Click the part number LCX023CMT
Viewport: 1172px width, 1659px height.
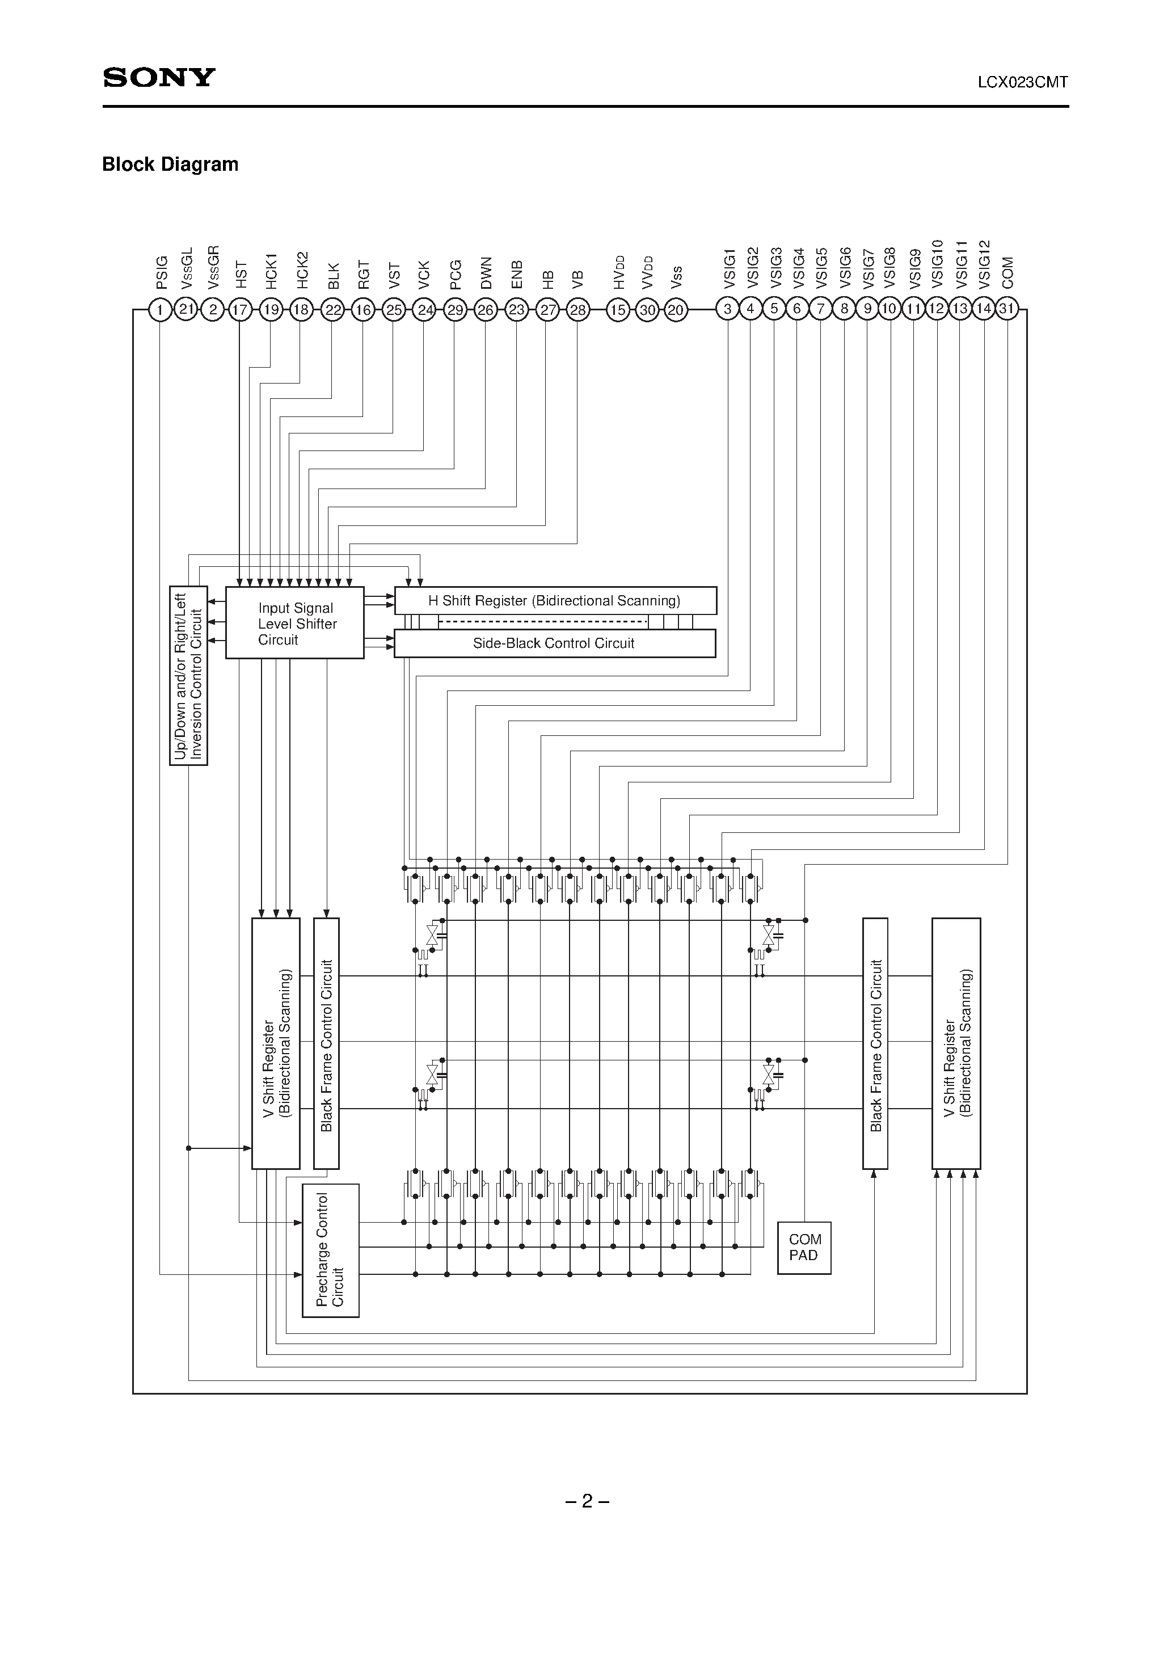pyautogui.click(x=1022, y=82)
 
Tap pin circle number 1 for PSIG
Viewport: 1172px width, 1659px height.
pyautogui.click(x=159, y=310)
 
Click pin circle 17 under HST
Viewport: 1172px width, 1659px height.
pyautogui.click(x=239, y=310)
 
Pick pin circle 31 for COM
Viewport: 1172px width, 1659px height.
pyautogui.click(x=1006, y=309)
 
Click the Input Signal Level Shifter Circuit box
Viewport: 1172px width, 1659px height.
pyautogui.click(x=295, y=623)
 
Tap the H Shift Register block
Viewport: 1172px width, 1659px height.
pyautogui.click(x=555, y=600)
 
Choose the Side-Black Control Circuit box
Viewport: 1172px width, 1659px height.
pyautogui.click(x=555, y=643)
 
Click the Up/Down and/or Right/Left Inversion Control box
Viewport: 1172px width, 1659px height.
pyautogui.click(x=188, y=676)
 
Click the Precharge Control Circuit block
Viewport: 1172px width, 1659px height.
pyautogui.click(x=330, y=1250)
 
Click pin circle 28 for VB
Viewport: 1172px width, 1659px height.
pyautogui.click(x=577, y=310)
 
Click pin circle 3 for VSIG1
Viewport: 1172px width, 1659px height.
pyautogui.click(x=728, y=309)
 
